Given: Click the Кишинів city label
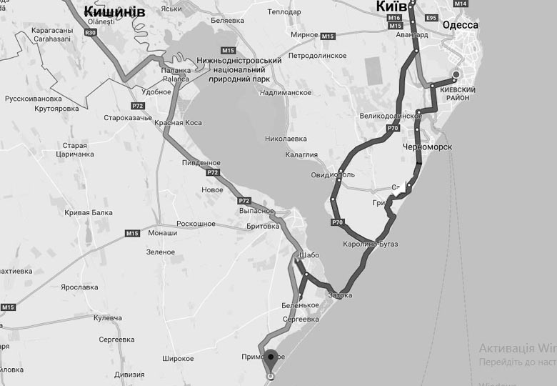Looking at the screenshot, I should pos(114,11).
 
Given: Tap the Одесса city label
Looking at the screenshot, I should pos(461,25).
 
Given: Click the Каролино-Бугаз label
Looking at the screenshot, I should pos(370,244).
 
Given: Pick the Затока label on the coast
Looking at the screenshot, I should pos(341,294).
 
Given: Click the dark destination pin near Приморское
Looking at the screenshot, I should pos(270,357).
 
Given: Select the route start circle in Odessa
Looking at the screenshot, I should pos(456,74).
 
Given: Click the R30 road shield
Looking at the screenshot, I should pos(90,33).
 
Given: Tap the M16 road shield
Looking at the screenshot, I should pos(395,17).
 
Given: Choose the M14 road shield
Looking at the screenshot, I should pos(461,4).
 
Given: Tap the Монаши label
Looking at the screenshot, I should pos(162,233).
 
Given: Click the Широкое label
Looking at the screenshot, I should pos(179,358).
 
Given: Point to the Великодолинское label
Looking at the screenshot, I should pos(391,115).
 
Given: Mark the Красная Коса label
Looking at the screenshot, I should pos(177,123).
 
